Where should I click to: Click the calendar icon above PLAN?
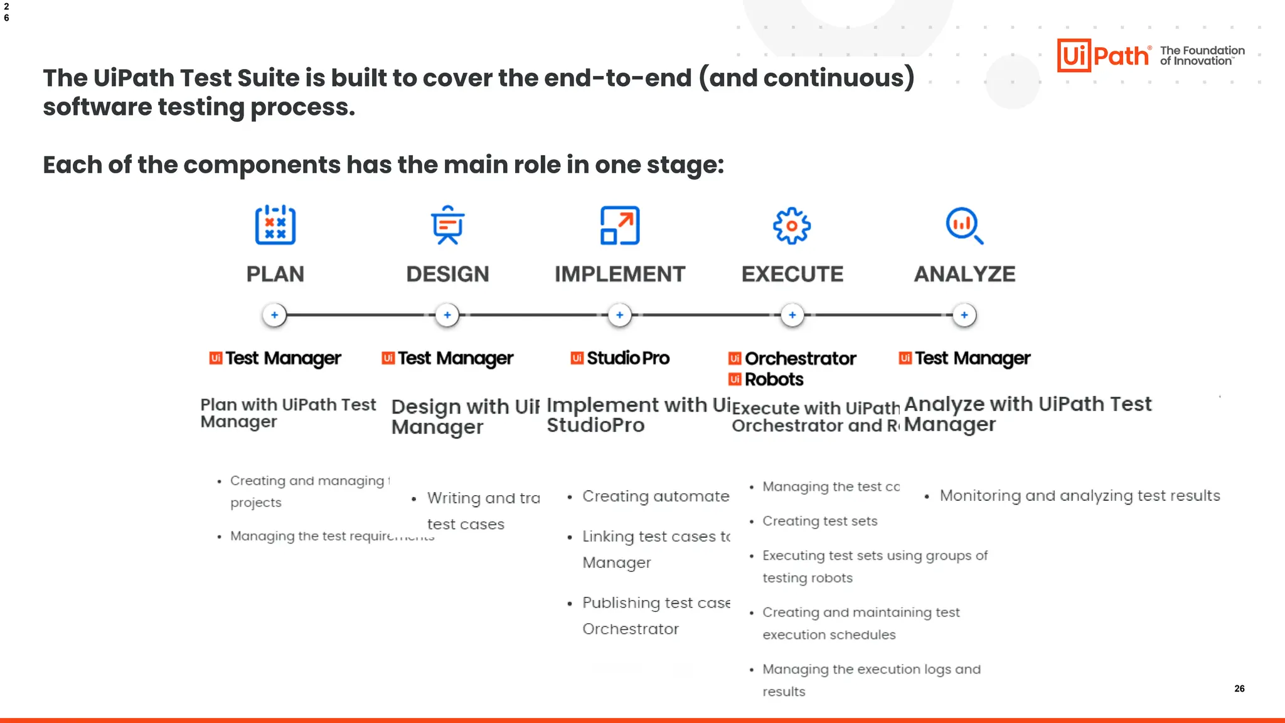pos(275,225)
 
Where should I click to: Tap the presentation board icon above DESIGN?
pos(447,225)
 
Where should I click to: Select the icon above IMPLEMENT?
pos(620,225)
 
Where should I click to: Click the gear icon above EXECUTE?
pos(792,225)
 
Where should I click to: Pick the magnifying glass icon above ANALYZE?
pos(964,225)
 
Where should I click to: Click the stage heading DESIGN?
pos(447,274)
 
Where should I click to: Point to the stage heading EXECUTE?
pos(792,274)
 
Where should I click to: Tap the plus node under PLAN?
pos(274,315)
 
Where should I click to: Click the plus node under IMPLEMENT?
pos(620,315)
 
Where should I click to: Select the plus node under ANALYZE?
pos(964,315)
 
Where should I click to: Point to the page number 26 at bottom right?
pos(1239,688)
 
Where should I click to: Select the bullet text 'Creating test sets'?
pos(819,521)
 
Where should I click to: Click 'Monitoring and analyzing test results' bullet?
pos(1079,496)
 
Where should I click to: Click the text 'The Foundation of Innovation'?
pos(1202,55)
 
